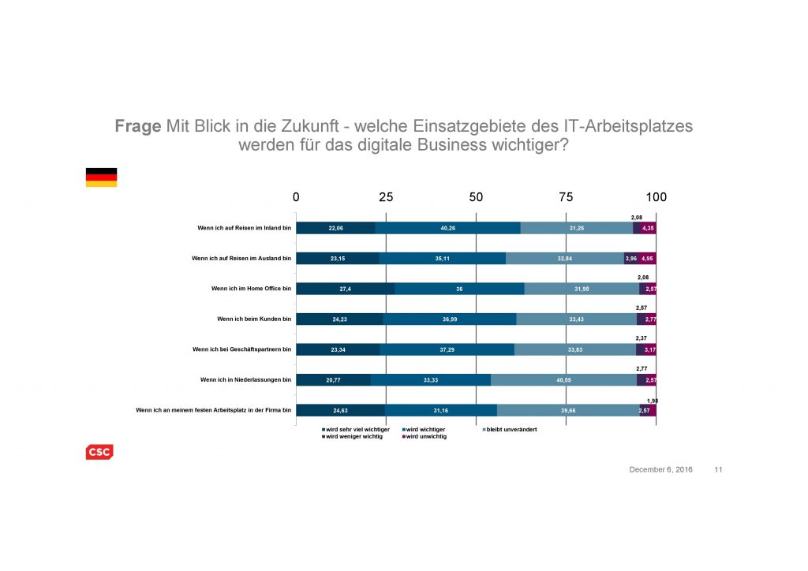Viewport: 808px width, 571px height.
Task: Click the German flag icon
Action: (x=101, y=177)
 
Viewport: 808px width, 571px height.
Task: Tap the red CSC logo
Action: (x=99, y=452)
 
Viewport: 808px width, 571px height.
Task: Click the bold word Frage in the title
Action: (x=138, y=127)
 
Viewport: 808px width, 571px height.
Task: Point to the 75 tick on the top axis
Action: (x=566, y=197)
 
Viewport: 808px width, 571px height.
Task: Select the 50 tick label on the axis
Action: (x=476, y=197)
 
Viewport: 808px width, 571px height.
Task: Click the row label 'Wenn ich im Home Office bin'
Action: (x=251, y=289)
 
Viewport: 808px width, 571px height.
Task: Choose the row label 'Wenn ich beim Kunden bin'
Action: (x=255, y=319)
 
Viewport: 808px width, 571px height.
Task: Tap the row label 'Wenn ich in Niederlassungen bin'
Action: (x=245, y=379)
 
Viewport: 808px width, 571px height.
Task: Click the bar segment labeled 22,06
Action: (x=335, y=229)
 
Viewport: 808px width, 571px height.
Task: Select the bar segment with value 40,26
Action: (x=447, y=229)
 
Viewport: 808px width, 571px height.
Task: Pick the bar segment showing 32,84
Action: (x=564, y=258)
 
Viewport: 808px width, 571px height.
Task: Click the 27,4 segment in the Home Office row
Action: (x=345, y=289)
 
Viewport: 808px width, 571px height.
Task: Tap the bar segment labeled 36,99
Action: (x=449, y=319)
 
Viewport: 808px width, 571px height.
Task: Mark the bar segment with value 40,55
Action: (x=563, y=379)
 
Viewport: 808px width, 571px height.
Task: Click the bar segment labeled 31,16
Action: (x=441, y=410)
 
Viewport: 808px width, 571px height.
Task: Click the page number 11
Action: (x=718, y=470)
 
